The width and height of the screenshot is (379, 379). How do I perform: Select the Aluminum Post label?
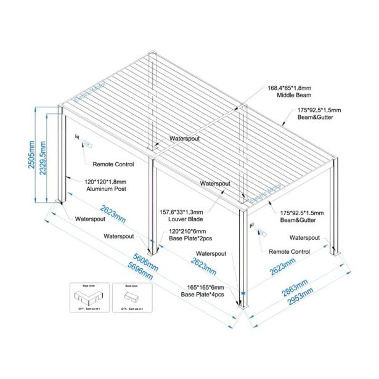click(x=104, y=189)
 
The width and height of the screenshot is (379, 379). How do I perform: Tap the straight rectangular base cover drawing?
click(x=131, y=300)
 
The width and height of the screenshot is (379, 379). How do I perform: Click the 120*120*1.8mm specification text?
click(x=105, y=181)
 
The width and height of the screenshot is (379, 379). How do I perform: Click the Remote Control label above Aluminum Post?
click(x=113, y=165)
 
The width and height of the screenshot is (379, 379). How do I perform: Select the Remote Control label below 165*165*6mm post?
click(x=290, y=252)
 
